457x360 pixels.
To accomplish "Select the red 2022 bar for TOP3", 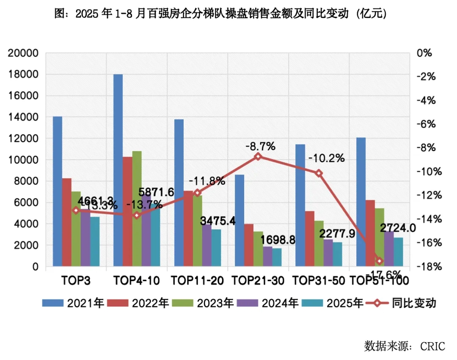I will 67,222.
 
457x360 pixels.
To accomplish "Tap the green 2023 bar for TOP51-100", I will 380,237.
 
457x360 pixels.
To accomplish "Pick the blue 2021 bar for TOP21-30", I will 239,220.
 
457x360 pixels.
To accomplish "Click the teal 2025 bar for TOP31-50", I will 337,254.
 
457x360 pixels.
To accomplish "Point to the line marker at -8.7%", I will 258,156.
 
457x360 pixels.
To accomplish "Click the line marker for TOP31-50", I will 319,173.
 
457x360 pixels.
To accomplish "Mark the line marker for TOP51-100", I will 379,261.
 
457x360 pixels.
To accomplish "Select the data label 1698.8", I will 266,240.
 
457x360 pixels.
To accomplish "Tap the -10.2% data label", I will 326,159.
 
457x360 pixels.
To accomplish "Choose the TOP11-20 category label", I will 197,280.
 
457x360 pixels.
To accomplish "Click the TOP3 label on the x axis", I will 76,280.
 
